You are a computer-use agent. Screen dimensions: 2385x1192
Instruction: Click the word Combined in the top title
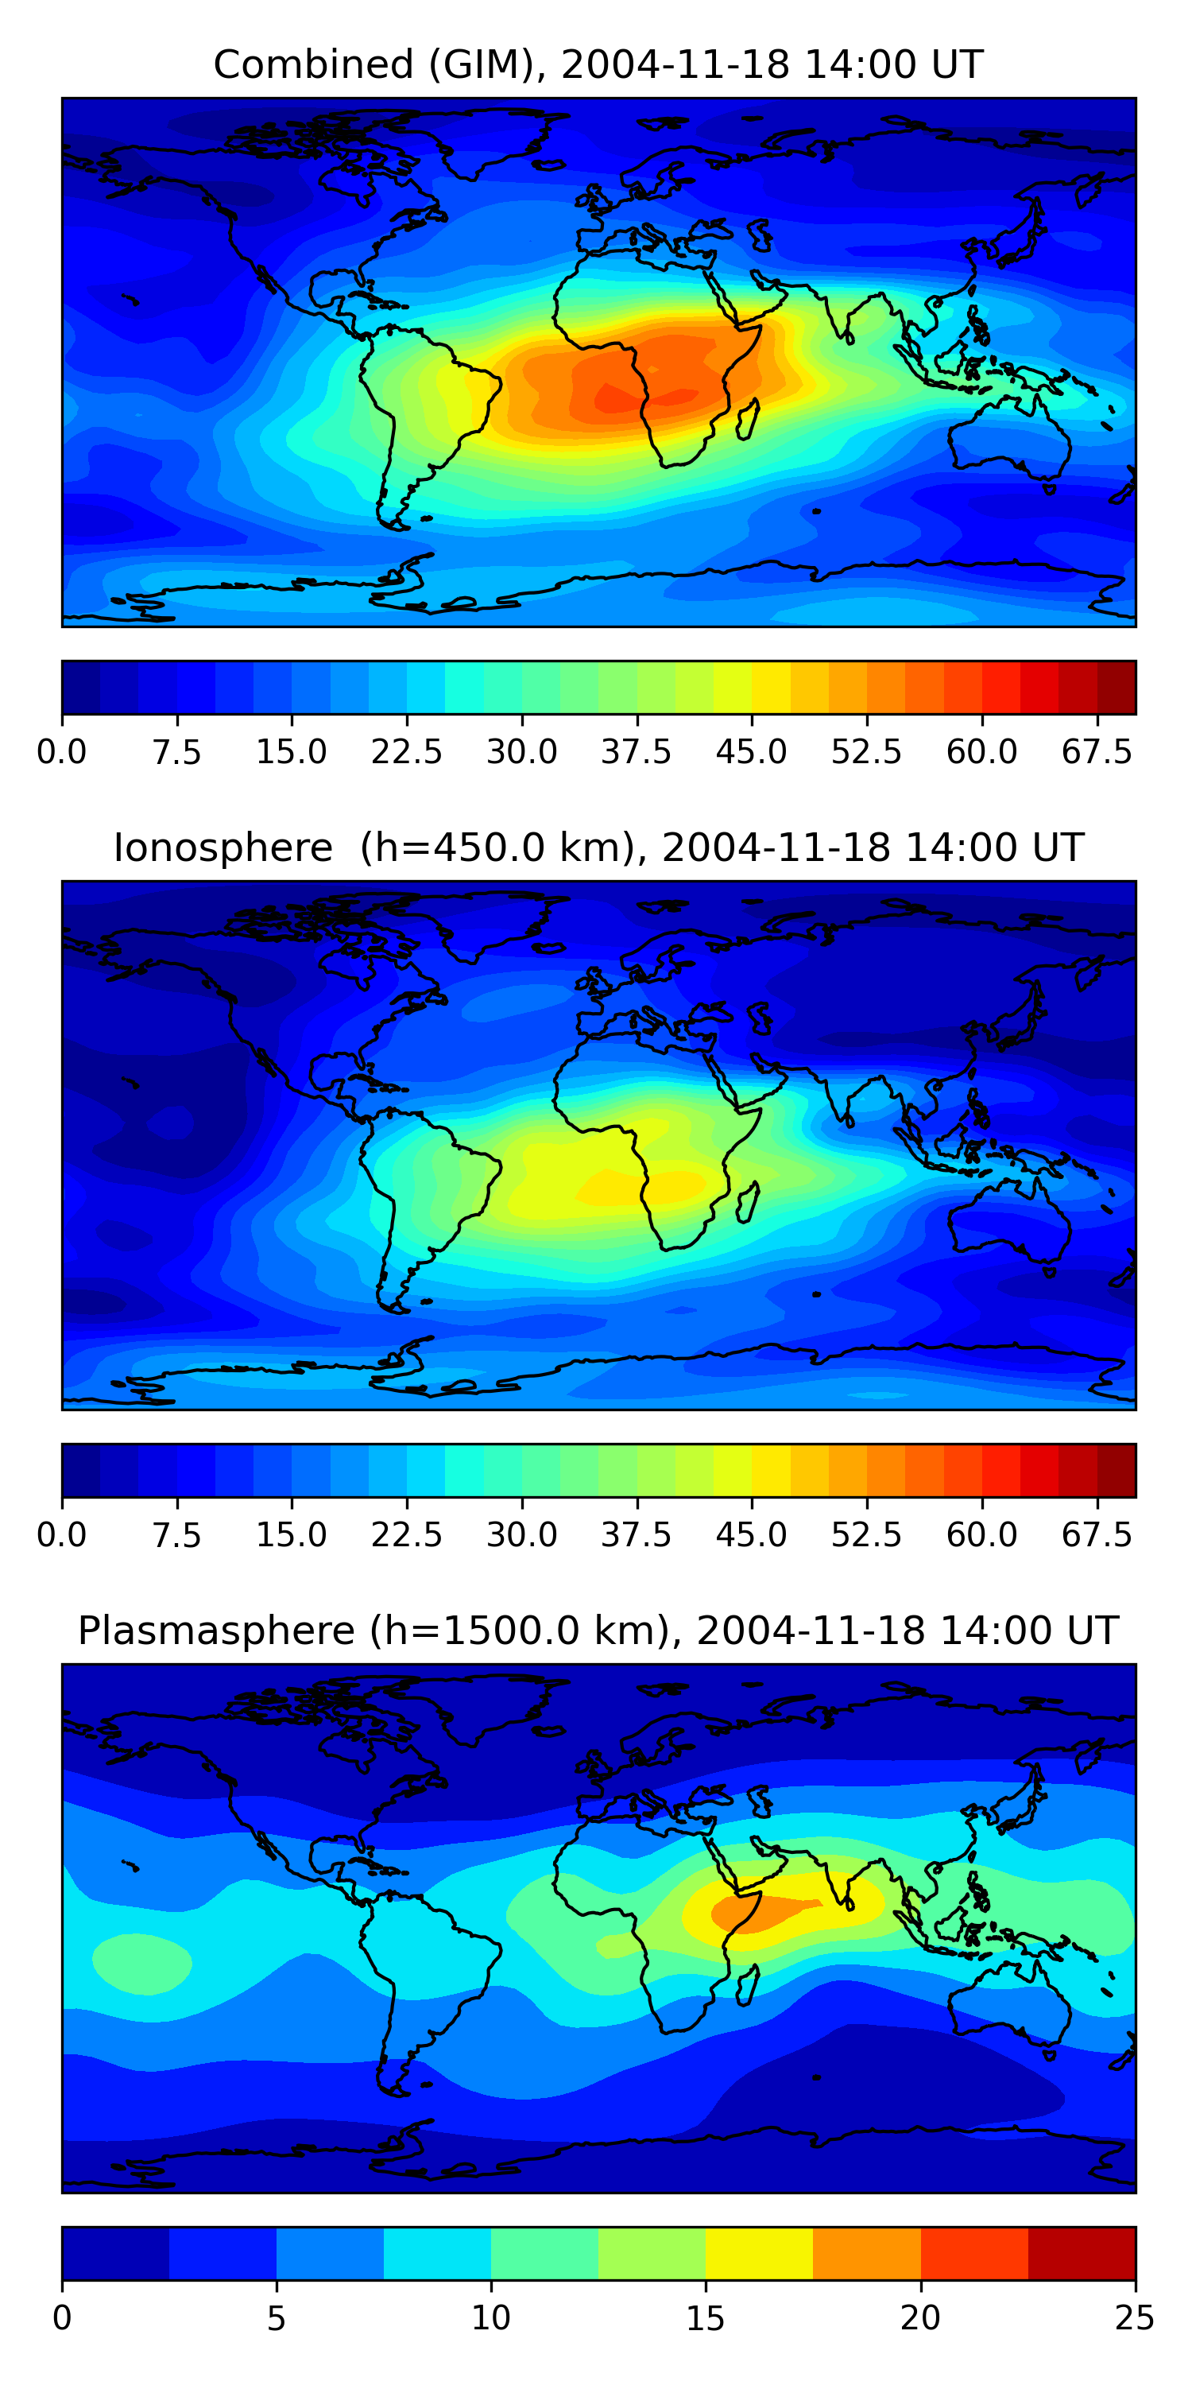click(313, 65)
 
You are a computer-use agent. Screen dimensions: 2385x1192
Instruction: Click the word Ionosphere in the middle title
click(223, 848)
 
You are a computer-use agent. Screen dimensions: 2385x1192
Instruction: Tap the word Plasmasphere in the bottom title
click(215, 1631)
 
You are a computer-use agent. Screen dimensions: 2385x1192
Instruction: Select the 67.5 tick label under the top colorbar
click(1097, 752)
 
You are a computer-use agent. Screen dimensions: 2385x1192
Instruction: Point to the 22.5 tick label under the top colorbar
click(406, 752)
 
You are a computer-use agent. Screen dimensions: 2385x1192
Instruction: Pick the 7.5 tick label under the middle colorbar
click(176, 1535)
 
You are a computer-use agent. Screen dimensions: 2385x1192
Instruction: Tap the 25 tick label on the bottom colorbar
click(1135, 2318)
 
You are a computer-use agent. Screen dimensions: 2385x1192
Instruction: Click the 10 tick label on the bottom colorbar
click(490, 2318)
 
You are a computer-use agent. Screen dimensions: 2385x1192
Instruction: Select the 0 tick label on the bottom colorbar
click(62, 2318)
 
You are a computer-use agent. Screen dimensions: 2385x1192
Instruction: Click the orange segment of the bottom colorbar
click(866, 2254)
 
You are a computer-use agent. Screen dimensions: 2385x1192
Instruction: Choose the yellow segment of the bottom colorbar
click(759, 2254)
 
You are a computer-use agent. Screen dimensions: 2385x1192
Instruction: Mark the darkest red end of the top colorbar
click(1117, 687)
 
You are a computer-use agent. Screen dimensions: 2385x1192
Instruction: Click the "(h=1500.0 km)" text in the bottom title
click(517, 1631)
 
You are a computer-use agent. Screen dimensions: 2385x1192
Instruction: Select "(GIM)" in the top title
click(485, 65)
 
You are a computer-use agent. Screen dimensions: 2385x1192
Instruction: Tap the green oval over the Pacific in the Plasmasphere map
click(141, 1963)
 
